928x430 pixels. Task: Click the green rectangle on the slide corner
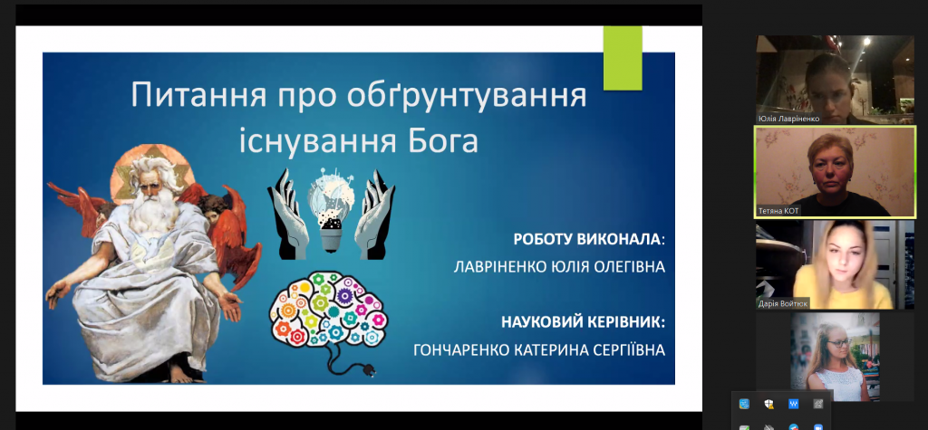623,58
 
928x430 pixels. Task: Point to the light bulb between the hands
332,209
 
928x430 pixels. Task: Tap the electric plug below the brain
369,371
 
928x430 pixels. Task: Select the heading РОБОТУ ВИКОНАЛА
586,239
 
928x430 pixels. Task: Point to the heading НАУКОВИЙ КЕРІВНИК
583,322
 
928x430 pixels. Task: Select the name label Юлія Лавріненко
789,119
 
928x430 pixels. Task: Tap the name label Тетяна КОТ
778,211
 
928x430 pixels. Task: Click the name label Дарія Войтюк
782,304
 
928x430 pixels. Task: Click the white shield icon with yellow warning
768,404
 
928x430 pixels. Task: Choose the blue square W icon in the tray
794,404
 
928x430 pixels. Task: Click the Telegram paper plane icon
794,427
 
